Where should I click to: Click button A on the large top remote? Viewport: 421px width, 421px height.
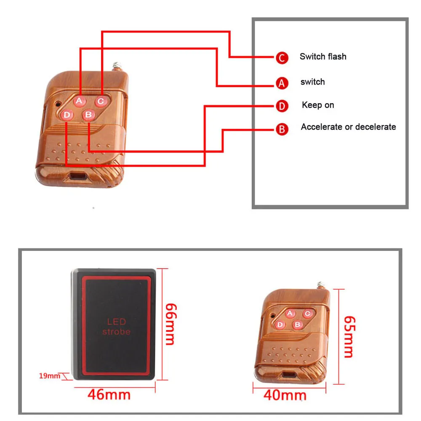point(79,101)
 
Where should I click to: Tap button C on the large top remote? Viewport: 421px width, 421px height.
point(101,101)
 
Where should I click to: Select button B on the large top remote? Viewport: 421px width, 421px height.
point(88,115)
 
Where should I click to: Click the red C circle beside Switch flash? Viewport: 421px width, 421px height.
point(282,58)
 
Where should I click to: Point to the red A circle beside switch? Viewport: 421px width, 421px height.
point(282,83)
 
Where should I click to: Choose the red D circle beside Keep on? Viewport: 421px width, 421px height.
point(282,107)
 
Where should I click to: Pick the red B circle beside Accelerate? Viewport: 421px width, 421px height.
point(282,129)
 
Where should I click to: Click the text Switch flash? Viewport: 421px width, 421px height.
point(323,56)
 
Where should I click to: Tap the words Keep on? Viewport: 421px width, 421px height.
point(318,105)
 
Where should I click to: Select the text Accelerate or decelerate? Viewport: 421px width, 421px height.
point(348,127)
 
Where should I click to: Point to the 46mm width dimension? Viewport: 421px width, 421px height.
point(109,394)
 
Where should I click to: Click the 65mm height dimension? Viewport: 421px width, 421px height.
point(349,336)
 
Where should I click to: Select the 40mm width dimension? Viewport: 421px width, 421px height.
point(285,395)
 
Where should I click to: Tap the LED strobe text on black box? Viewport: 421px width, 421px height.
point(116,327)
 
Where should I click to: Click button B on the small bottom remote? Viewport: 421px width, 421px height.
point(298,324)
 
